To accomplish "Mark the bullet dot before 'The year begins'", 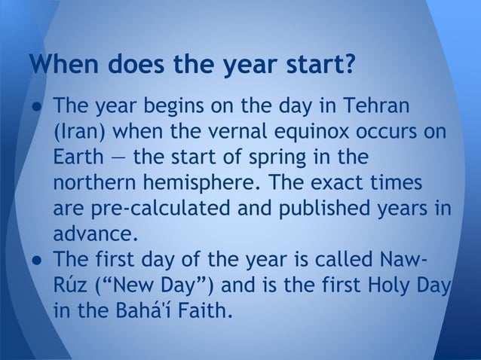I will pyautogui.click(x=35, y=104).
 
